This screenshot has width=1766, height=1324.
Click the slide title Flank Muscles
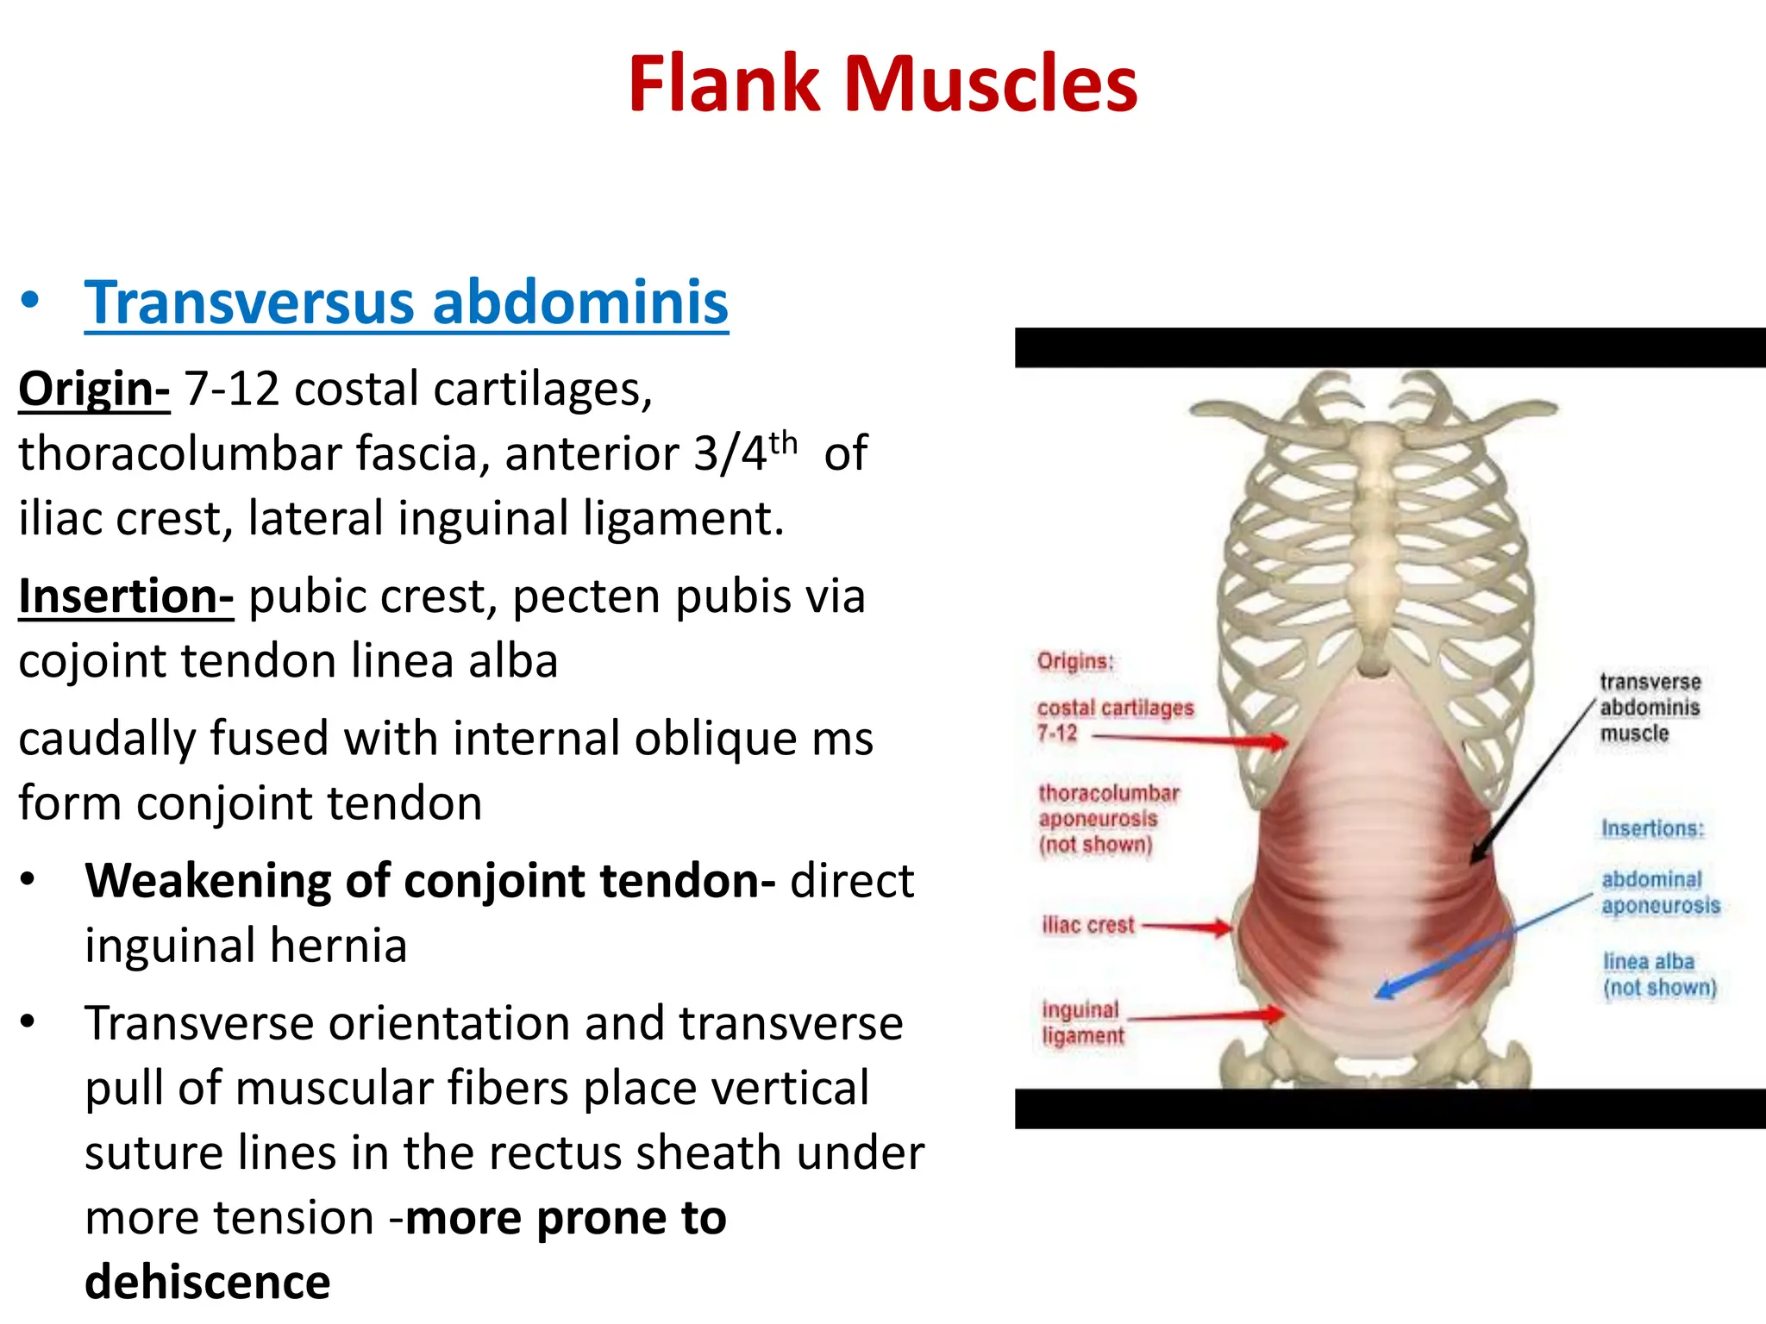(x=882, y=84)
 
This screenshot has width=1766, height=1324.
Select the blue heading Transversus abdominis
(x=406, y=303)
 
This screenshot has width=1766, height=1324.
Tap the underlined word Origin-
(x=94, y=389)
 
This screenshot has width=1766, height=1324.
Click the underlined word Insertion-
(x=126, y=596)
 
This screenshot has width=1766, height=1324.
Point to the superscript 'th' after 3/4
(x=783, y=443)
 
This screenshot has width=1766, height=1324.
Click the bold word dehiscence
(x=208, y=1282)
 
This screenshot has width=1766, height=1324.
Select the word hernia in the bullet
(x=338, y=946)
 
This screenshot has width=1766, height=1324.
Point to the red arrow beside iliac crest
(x=1187, y=927)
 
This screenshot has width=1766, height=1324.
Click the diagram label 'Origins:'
(x=1075, y=662)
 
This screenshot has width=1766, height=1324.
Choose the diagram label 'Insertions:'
(x=1652, y=828)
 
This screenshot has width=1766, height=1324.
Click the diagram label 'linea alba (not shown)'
(x=1659, y=974)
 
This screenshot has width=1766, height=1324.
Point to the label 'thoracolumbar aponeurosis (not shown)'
(x=1107, y=818)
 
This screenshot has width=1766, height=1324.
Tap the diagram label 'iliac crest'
(x=1088, y=926)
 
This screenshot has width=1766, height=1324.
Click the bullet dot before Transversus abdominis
(x=31, y=302)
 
